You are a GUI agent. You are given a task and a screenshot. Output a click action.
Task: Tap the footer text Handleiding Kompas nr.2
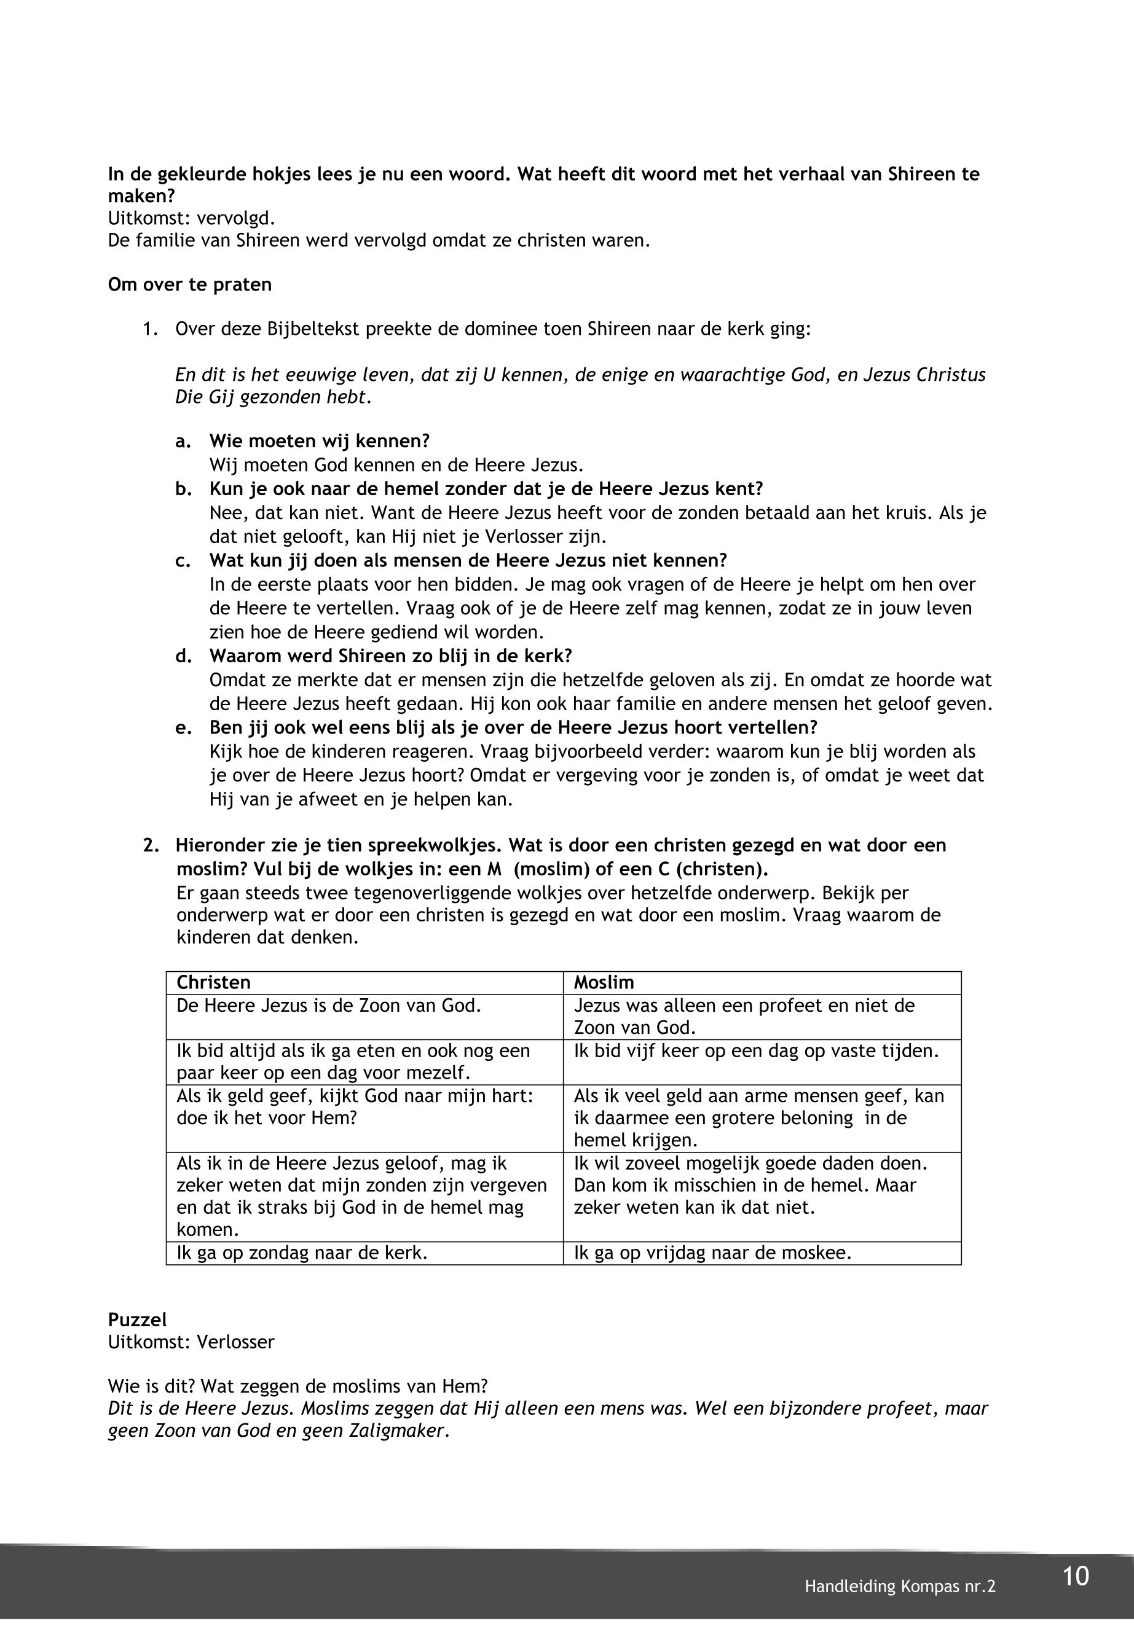coord(900,1587)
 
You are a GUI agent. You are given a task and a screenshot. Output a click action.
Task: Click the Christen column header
coord(213,982)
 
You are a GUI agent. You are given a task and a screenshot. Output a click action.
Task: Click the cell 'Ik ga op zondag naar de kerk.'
coord(302,1253)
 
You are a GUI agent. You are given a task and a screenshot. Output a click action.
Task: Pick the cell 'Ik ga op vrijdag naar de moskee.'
coord(712,1253)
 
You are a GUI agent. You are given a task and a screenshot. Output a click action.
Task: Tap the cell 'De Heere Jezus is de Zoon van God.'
coord(328,1006)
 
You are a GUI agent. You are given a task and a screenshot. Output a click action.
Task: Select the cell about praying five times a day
coord(756,1050)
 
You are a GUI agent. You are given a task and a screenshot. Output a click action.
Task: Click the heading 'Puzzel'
coord(137,1319)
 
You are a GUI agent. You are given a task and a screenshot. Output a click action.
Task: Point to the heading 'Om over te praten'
coord(190,285)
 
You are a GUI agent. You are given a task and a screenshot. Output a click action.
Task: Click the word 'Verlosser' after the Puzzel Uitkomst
coord(235,1342)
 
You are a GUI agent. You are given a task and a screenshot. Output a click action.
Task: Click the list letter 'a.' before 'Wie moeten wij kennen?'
coord(183,441)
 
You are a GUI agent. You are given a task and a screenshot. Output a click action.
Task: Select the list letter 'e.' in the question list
coord(183,728)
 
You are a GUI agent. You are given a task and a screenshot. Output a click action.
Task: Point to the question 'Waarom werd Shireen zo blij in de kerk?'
coord(390,655)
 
